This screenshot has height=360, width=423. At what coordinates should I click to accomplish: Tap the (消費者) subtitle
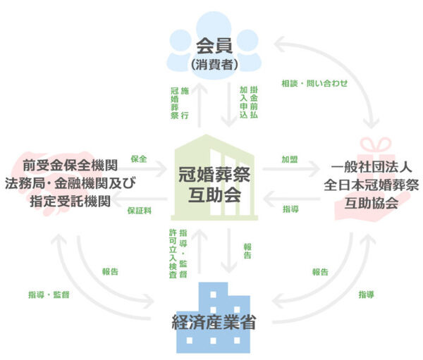tap(211, 65)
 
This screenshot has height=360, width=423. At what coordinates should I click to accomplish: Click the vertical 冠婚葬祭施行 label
tap(179, 104)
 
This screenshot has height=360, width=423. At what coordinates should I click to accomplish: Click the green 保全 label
tap(138, 159)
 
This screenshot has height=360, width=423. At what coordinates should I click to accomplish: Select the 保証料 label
tap(139, 210)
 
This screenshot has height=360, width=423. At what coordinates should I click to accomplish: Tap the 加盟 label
tap(290, 160)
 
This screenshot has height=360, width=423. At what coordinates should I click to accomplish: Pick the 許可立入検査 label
tap(178, 254)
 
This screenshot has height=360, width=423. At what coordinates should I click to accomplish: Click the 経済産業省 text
tap(213, 325)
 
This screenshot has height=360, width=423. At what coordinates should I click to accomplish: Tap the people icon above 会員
tap(211, 28)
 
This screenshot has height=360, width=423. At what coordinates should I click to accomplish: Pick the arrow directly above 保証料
tap(140, 199)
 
